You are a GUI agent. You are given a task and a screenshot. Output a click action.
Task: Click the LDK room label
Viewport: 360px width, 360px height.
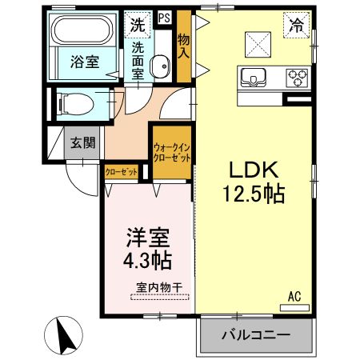pos(254,170)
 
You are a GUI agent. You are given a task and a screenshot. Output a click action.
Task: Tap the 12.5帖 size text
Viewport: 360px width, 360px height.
pos(254,193)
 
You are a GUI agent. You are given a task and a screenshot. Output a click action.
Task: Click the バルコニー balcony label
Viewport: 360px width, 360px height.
pos(254,334)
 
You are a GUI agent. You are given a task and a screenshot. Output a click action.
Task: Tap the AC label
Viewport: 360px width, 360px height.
pos(295,297)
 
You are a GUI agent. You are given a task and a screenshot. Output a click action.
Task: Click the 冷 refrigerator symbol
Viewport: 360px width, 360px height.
pos(297,26)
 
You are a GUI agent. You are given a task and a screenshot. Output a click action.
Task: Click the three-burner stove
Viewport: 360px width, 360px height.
pos(297,78)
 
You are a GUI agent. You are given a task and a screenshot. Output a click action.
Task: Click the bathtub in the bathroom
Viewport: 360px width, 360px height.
pos(85,32)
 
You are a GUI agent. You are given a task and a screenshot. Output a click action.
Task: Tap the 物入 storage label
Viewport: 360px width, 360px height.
pos(184,46)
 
